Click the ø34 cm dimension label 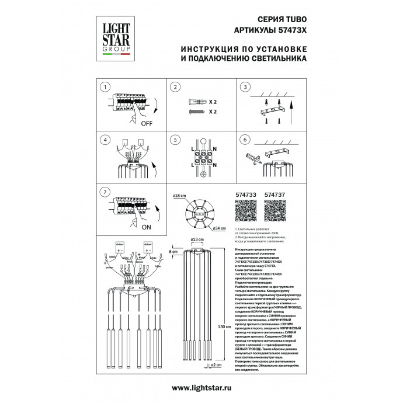click(x=219, y=228)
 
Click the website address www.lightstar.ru click(x=201, y=388)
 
